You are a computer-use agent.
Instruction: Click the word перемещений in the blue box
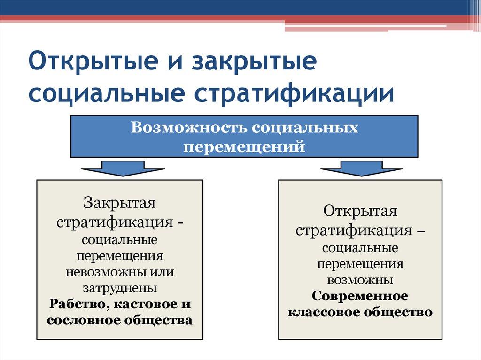[x=244, y=147]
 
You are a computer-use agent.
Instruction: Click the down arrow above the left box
[x=123, y=168]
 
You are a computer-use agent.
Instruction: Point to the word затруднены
[x=120, y=287]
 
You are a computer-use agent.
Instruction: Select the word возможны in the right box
[x=360, y=280]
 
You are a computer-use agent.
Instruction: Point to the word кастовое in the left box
[x=145, y=303]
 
